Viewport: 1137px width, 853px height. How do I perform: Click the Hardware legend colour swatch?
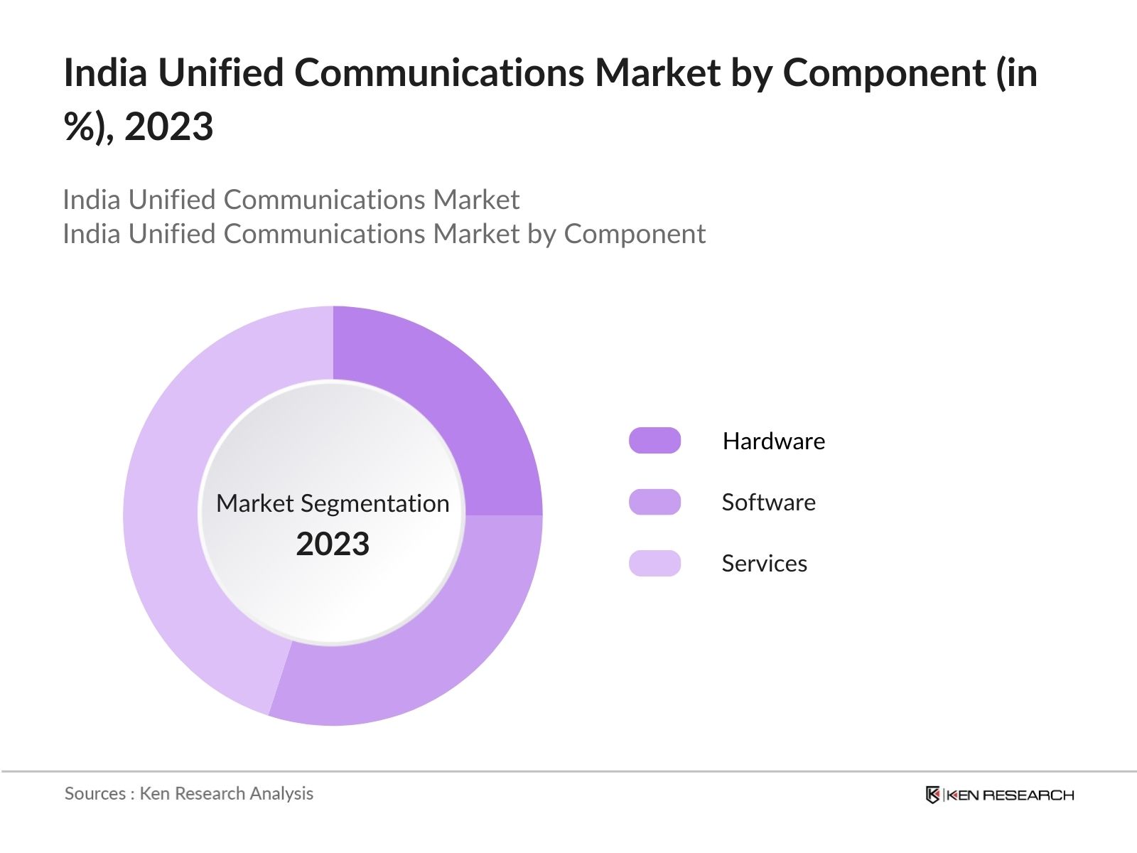click(x=654, y=441)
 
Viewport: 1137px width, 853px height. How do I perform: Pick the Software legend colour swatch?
click(x=654, y=502)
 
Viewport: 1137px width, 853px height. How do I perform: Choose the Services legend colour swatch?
click(x=654, y=563)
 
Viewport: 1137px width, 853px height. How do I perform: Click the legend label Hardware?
click(x=773, y=441)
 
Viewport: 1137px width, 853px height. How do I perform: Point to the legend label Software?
click(x=768, y=503)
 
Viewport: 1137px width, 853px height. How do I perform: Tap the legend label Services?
click(x=764, y=564)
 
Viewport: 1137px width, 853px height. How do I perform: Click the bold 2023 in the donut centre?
click(x=333, y=544)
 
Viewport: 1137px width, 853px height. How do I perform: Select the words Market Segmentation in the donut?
click(x=333, y=503)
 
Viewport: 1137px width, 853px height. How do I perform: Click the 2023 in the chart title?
click(x=168, y=127)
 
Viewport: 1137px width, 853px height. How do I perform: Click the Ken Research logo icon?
click(x=933, y=795)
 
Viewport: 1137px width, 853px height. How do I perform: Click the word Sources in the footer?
click(x=95, y=793)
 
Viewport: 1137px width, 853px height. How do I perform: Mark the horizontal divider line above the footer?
click(x=568, y=771)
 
